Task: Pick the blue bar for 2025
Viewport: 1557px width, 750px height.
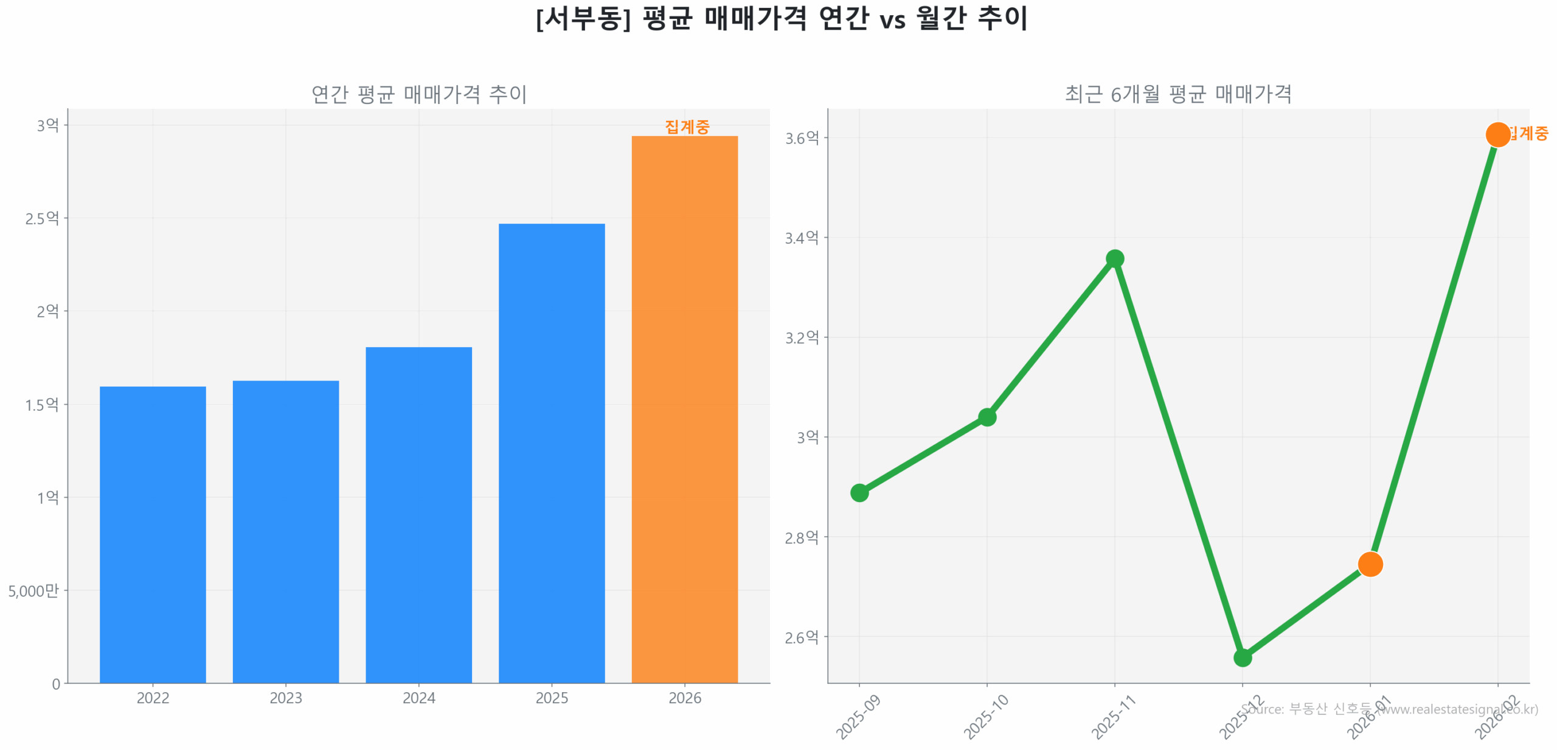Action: click(551, 452)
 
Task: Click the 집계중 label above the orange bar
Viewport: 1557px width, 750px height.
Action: click(687, 126)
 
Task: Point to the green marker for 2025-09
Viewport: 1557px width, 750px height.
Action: click(859, 492)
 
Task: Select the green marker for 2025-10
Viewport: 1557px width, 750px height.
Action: click(987, 416)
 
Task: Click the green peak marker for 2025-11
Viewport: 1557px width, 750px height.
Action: click(1114, 258)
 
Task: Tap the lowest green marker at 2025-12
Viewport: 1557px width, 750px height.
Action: click(1242, 657)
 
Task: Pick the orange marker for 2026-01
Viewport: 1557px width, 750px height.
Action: click(1370, 563)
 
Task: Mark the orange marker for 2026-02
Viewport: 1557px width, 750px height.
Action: click(1497, 134)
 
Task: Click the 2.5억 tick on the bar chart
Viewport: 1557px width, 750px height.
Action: click(42, 218)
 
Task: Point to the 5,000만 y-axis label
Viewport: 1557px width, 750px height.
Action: click(33, 590)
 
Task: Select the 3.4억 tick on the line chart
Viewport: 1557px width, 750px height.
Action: click(802, 238)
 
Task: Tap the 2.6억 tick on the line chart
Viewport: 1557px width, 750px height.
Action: click(802, 637)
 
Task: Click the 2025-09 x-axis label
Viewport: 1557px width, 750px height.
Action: click(858, 717)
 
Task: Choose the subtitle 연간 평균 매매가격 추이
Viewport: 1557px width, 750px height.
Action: click(418, 94)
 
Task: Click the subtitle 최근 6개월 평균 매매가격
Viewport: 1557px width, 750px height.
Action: click(1177, 94)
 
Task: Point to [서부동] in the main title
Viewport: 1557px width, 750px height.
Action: click(583, 18)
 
